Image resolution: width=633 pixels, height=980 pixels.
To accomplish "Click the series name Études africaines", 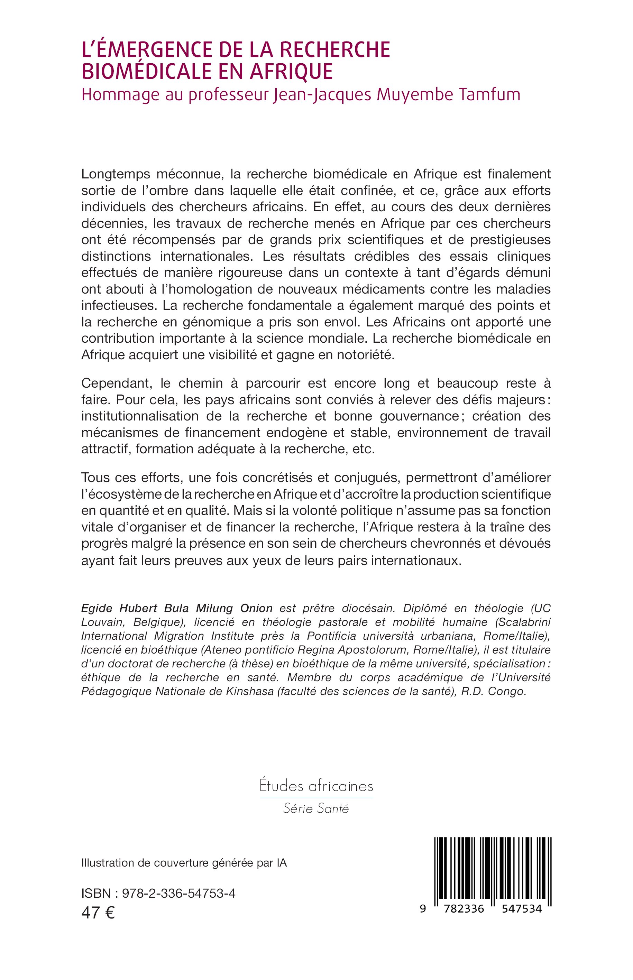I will click(x=316, y=786).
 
